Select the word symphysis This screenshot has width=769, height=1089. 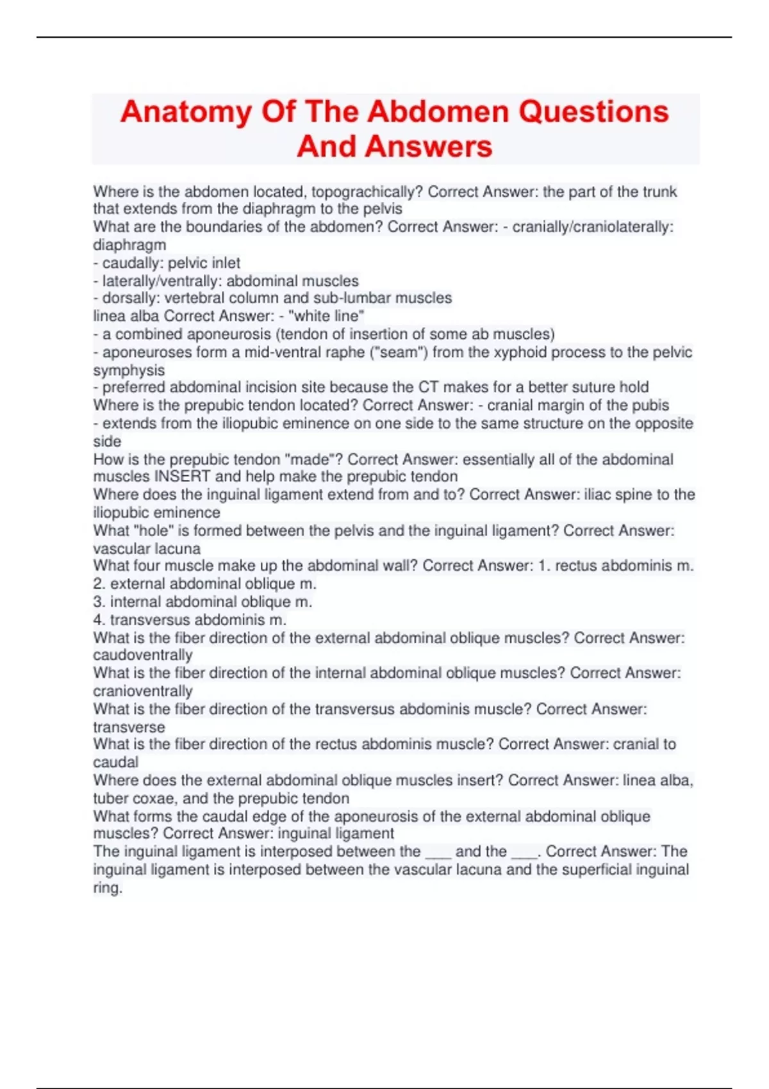(129, 370)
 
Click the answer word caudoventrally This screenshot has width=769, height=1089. (143, 655)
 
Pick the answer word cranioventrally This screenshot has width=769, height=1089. (143, 691)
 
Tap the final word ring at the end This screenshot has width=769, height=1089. (107, 888)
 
